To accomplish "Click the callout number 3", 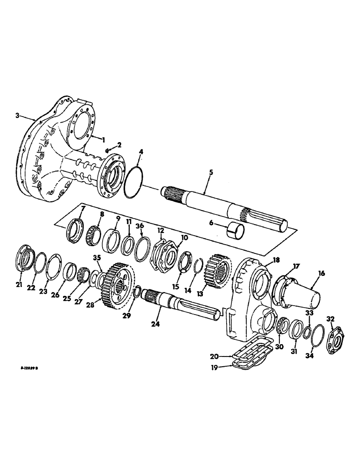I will coord(18,115).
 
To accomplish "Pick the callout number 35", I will coord(97,257).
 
